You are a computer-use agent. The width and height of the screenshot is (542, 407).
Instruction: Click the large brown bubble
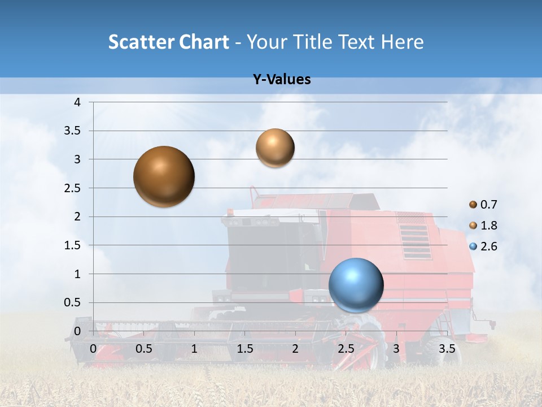click(164, 176)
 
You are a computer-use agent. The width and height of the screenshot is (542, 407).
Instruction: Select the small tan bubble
click(275, 148)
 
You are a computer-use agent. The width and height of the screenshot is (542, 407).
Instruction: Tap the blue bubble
click(356, 285)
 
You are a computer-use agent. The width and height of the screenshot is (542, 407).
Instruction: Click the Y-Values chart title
click(282, 80)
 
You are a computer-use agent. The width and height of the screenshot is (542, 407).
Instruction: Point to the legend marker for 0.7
click(473, 205)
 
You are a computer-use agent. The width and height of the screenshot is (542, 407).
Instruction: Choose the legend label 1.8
click(489, 226)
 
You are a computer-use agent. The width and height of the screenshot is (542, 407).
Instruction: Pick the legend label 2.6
click(489, 246)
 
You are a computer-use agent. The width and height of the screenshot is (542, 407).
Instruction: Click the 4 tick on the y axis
click(78, 102)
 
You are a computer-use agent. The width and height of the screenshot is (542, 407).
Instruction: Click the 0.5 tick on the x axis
click(144, 349)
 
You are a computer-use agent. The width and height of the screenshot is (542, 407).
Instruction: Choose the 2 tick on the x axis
click(295, 349)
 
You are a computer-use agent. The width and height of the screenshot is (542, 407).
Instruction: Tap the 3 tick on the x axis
click(396, 349)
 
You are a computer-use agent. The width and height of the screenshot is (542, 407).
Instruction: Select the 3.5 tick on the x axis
click(447, 349)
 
